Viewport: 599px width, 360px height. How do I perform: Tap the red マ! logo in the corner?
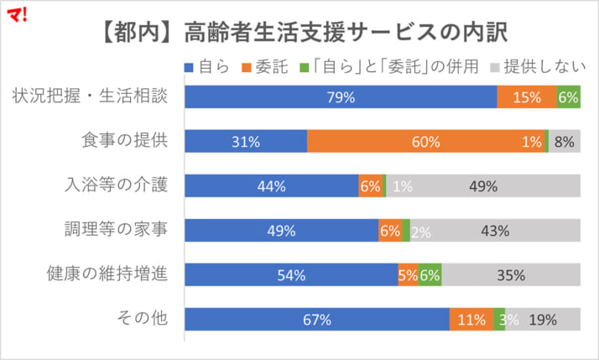[x=16, y=12]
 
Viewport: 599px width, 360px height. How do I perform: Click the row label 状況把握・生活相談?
[x=91, y=97]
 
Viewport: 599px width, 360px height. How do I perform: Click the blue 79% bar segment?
[x=341, y=97]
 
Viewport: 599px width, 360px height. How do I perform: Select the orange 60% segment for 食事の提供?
[x=426, y=142]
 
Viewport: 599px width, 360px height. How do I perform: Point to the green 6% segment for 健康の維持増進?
[x=430, y=275]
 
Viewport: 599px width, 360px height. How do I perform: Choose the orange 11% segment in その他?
[x=471, y=320]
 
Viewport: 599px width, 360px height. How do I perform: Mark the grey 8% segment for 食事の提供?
[x=565, y=142]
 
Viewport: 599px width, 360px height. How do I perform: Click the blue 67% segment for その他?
[x=317, y=320]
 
